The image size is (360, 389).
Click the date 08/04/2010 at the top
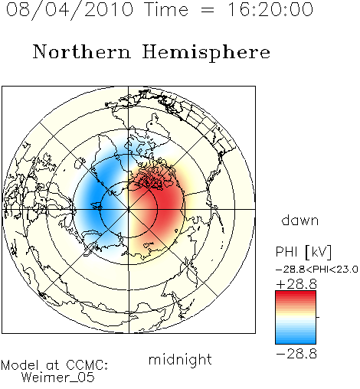(x=70, y=10)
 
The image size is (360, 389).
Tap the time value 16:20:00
(x=270, y=10)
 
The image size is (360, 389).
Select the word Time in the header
(x=166, y=10)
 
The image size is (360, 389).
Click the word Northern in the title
(x=82, y=51)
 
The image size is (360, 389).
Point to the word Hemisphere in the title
(x=206, y=53)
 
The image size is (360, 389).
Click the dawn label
(x=300, y=220)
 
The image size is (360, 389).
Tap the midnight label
(x=180, y=360)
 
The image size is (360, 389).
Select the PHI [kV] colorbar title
(x=303, y=252)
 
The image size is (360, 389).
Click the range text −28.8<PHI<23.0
(x=317, y=270)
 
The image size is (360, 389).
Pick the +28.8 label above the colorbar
(x=296, y=284)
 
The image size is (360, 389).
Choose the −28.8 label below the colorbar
(x=296, y=354)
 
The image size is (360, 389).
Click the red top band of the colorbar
(x=296, y=294)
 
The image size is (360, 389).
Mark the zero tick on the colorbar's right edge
(x=318, y=317)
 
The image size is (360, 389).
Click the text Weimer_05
(x=57, y=378)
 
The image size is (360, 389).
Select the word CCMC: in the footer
(x=87, y=365)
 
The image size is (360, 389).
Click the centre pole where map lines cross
(x=129, y=209)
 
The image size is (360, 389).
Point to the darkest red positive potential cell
(x=166, y=202)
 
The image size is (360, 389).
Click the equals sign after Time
(x=208, y=10)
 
